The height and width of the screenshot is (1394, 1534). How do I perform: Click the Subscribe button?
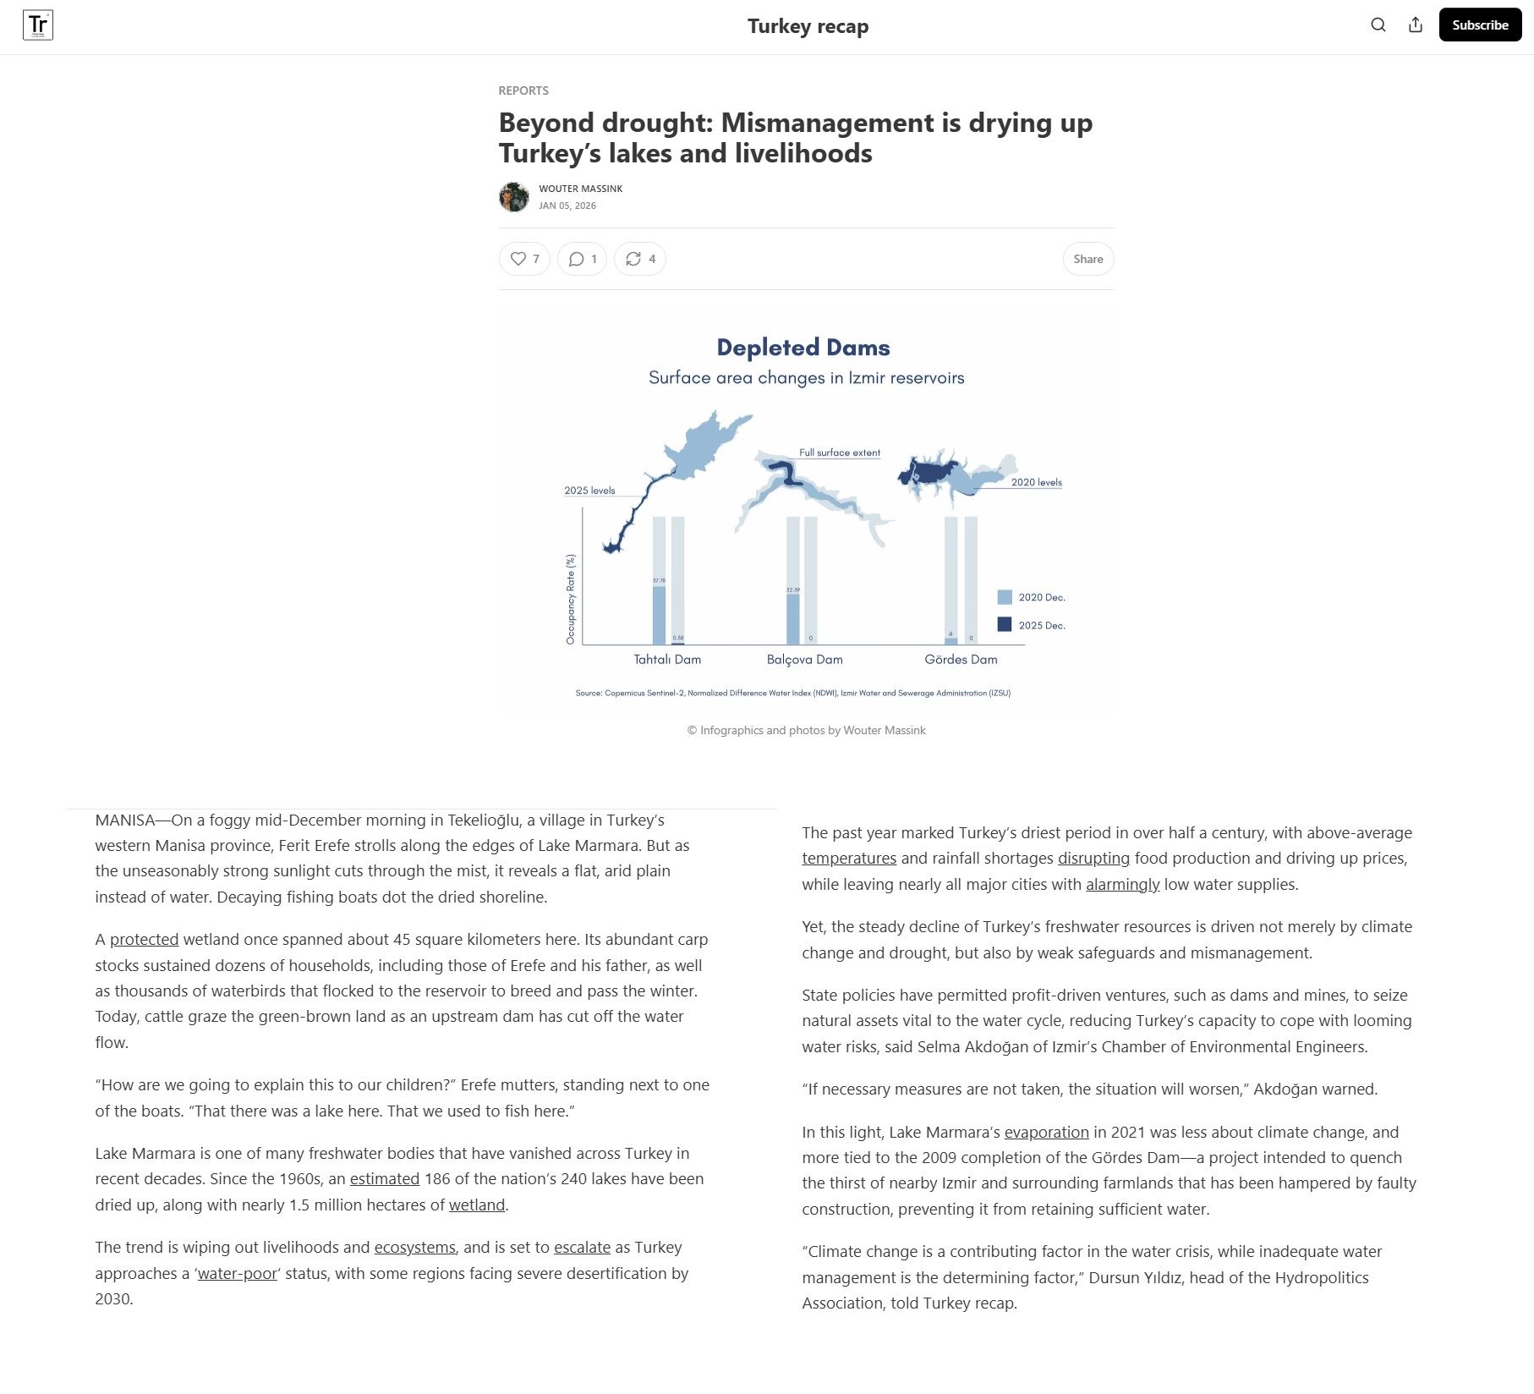[1480, 25]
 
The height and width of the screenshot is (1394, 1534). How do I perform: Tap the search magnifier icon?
[1378, 25]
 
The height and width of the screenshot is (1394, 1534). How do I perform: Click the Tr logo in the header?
[38, 25]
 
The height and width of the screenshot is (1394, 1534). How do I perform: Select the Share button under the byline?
[1087, 259]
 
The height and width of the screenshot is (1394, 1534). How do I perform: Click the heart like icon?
[518, 259]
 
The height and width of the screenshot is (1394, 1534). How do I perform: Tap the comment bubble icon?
[577, 259]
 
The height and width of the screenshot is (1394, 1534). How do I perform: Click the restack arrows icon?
[633, 259]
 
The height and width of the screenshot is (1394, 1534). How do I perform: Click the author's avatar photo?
[514, 197]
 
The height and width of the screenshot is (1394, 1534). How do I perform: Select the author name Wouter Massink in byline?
[580, 189]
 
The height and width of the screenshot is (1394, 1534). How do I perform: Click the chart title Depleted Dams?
[803, 348]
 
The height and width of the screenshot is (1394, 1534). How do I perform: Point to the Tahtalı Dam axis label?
[667, 660]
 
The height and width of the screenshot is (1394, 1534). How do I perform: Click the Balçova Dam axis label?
[804, 660]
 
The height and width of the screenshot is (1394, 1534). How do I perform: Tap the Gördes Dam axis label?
[961, 660]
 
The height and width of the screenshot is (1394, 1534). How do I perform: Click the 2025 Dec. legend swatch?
[1005, 624]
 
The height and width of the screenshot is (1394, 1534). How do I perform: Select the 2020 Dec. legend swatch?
[1005, 597]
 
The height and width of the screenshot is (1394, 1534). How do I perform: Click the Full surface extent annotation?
[840, 453]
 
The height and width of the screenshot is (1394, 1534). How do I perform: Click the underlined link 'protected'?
[144, 940]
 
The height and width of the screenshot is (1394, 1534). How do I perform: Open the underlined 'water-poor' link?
[238, 1274]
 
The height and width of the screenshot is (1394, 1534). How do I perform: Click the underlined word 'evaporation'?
[1046, 1133]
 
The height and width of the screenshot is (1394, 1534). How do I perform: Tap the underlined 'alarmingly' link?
[1122, 885]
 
